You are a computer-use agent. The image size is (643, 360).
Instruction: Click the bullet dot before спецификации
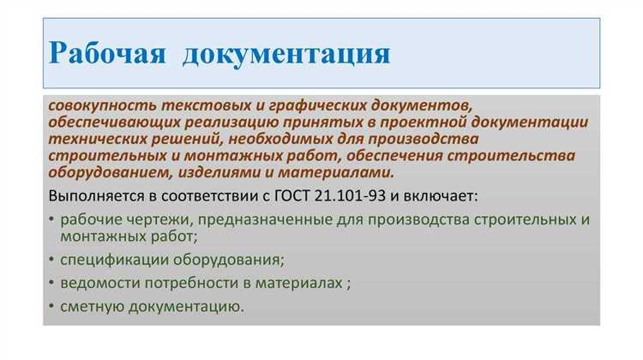[51, 260]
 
